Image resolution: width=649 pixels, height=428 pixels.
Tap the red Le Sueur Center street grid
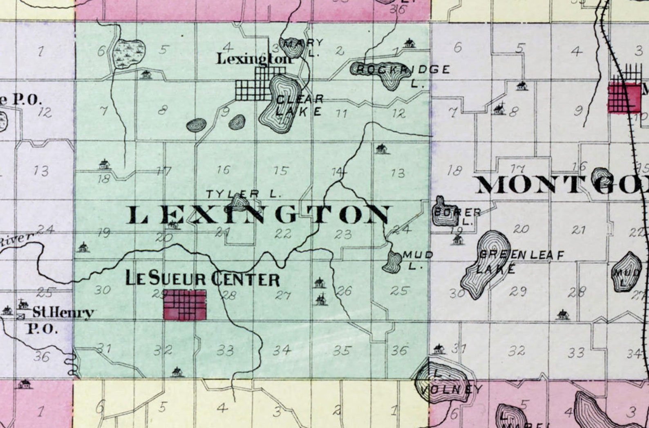tap(185, 304)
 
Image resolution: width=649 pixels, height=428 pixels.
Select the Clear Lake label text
tap(300, 105)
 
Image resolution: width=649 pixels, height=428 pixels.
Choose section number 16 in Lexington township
tap(224, 170)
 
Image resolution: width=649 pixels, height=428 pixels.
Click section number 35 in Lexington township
tap(342, 351)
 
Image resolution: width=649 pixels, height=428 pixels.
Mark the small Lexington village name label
tap(255, 59)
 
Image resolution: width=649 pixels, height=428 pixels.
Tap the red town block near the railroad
tap(624, 97)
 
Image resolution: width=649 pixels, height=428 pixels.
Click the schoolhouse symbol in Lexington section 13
tap(381, 149)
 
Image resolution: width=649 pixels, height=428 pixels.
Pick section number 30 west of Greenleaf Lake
tap(457, 293)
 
